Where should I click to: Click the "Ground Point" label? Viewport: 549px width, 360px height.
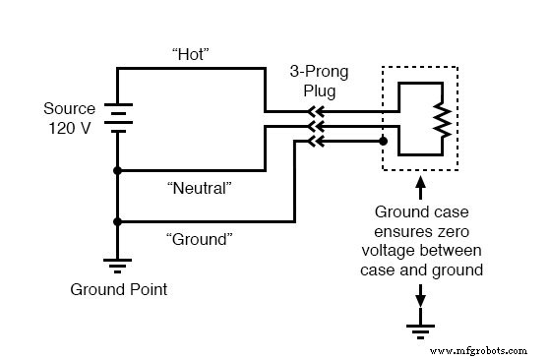[x=118, y=290]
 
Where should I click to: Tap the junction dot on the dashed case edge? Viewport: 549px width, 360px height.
[x=383, y=141]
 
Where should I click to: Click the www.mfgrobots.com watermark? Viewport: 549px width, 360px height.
[x=483, y=348]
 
